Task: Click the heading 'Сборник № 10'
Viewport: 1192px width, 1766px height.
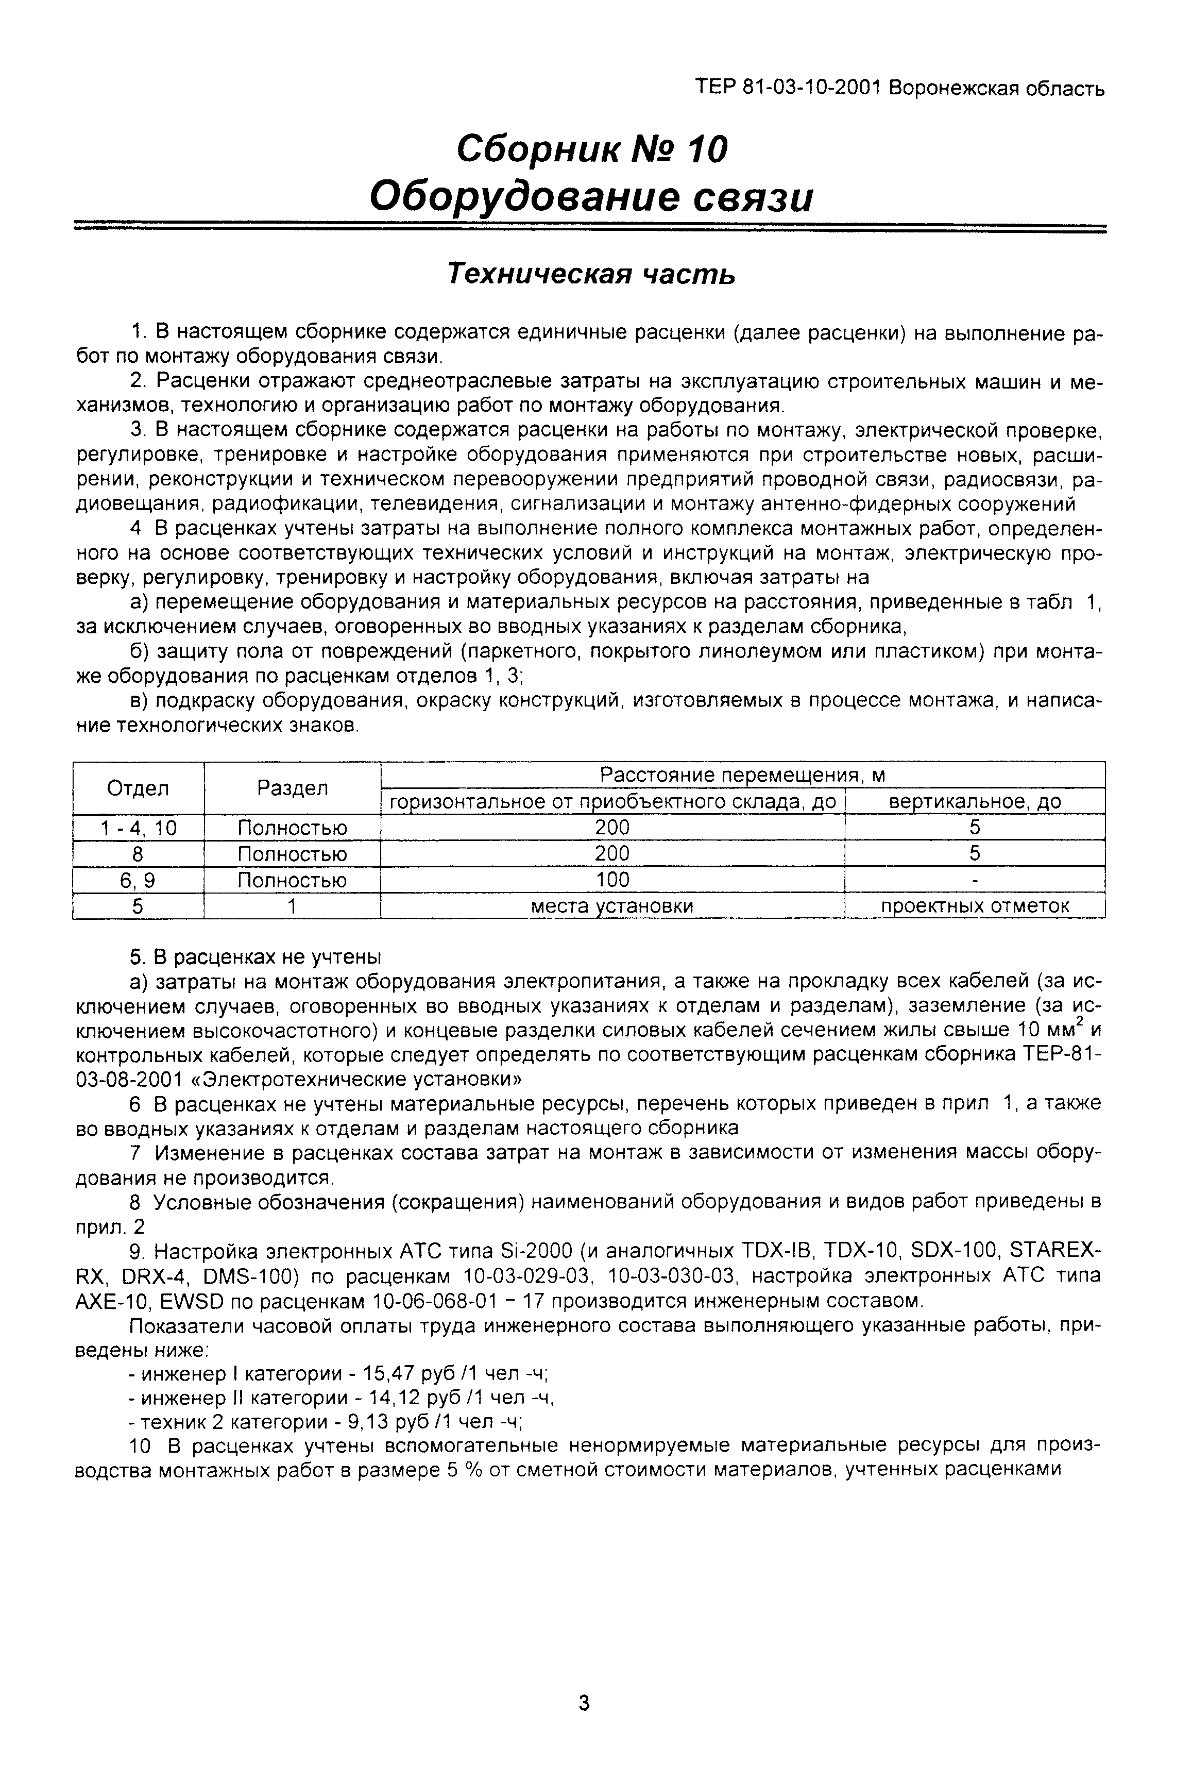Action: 592,148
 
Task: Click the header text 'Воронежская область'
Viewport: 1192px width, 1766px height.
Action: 996,89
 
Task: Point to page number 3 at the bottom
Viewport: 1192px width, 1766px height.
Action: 584,1703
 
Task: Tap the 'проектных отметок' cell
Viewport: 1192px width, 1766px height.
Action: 974,906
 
